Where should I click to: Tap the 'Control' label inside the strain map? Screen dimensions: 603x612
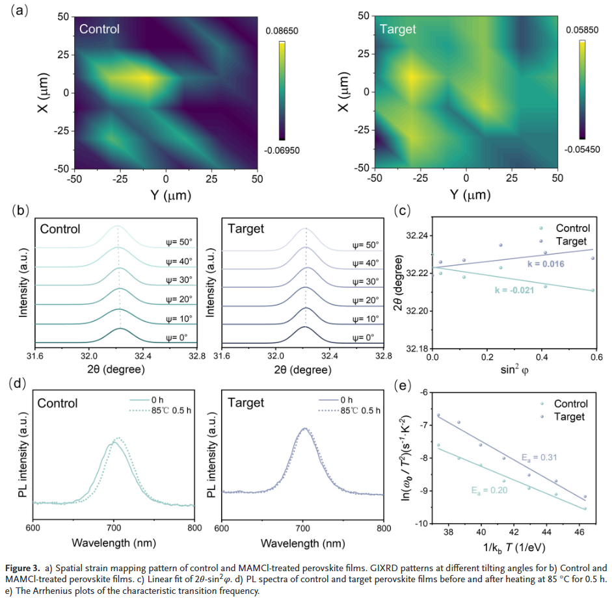(x=100, y=29)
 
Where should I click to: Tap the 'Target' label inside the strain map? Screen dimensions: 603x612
(x=397, y=29)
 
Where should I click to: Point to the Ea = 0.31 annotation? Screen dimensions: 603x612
(x=539, y=457)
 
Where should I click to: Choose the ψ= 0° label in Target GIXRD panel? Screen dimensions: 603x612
(x=365, y=338)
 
